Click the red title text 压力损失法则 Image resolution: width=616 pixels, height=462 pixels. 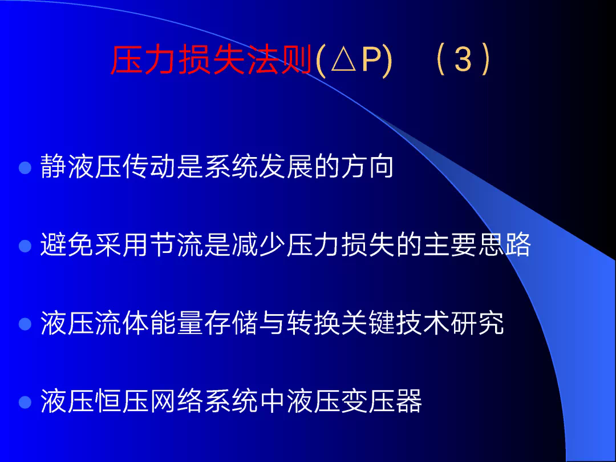tap(212, 60)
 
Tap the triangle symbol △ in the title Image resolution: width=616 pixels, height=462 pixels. tap(344, 60)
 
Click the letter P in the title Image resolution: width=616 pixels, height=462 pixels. tap(372, 60)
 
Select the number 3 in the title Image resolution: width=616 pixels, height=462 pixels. tap(463, 60)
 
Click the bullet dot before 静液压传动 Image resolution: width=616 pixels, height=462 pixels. tap(25, 168)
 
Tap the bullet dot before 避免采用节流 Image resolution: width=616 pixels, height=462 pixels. tap(25, 246)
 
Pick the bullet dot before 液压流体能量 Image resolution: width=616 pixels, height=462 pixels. tap(25, 324)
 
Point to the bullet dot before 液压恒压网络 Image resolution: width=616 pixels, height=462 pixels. tap(25, 402)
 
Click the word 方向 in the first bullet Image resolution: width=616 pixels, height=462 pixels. tap(367, 166)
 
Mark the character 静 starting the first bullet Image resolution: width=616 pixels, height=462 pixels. tap(53, 166)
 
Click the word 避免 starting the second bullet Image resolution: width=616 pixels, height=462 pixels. tap(67, 244)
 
